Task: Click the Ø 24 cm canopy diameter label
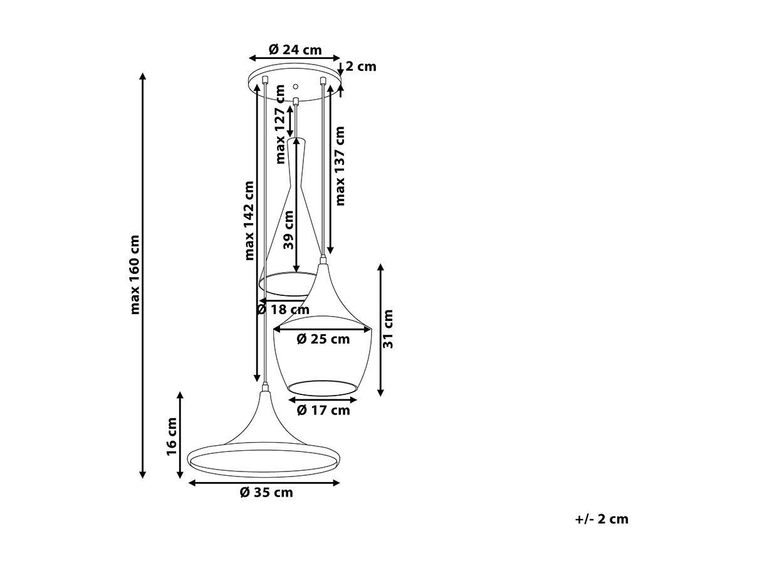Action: click(295, 50)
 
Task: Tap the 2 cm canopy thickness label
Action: click(361, 66)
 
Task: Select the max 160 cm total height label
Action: click(135, 275)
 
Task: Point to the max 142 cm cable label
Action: click(249, 221)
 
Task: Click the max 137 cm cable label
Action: click(340, 166)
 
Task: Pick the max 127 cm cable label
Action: click(280, 124)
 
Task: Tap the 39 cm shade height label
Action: click(288, 229)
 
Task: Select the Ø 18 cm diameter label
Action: click(283, 310)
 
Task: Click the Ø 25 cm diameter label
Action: click(323, 339)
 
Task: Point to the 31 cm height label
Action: click(388, 329)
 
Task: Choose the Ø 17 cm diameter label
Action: click(323, 411)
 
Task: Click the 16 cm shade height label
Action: click(172, 436)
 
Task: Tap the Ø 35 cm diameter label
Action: click(266, 493)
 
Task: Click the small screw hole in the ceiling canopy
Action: click(296, 87)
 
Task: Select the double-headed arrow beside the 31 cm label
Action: click(380, 330)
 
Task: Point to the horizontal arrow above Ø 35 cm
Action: click(264, 483)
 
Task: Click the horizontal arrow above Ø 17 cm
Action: click(323, 400)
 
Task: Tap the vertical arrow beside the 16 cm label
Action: click(180, 435)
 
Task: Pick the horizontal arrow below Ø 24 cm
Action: click(295, 58)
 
